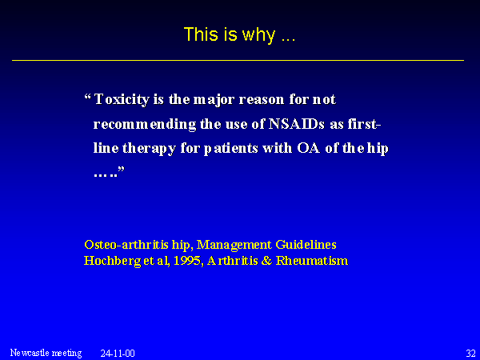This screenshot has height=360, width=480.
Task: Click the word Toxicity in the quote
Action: point(122,99)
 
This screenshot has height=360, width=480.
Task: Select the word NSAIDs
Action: point(296,124)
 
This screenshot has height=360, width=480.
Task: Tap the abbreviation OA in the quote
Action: point(308,148)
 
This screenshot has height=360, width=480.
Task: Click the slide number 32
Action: point(471,353)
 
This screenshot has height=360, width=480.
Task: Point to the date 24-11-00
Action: point(118,354)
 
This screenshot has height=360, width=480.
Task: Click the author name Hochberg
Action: point(112,261)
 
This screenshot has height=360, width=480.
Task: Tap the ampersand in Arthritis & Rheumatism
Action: point(266,261)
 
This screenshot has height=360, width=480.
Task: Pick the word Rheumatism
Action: point(312,261)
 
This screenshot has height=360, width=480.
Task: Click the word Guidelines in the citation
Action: point(306,244)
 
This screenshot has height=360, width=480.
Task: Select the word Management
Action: point(234,246)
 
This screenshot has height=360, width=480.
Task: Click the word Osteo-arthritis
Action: point(126,244)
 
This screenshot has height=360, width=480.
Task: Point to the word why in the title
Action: point(258,35)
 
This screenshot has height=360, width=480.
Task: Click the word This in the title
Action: point(201,34)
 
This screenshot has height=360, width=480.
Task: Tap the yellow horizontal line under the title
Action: point(238,60)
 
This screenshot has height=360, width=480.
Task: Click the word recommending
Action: point(145,125)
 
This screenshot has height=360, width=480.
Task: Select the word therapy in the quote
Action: point(149,149)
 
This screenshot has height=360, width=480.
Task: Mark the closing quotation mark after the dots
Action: point(122,169)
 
